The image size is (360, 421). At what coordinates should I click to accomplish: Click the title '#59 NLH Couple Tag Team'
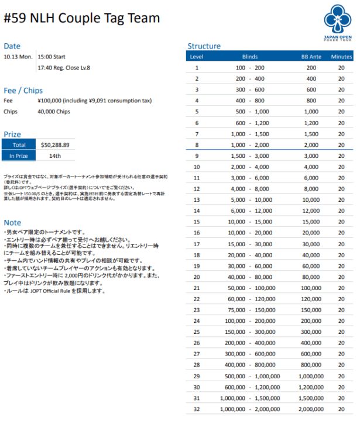pos(82,18)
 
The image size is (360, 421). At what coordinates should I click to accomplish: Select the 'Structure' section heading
pos(204,46)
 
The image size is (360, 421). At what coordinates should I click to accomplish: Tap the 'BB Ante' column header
pos(311,57)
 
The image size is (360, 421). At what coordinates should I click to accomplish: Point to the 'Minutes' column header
pos(341,57)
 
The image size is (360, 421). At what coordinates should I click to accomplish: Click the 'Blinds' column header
pos(250,57)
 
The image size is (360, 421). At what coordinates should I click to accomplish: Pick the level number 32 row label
pos(197,409)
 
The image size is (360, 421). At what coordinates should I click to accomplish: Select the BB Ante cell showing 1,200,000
pos(311,387)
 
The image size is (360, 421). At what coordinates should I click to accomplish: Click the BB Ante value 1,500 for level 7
pos(311,134)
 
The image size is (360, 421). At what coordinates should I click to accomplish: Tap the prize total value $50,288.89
pos(56,144)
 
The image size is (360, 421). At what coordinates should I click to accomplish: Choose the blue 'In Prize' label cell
pos(19,156)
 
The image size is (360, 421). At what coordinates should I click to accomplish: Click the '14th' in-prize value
pos(55,156)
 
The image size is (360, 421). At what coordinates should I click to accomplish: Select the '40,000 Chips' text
pos(54,111)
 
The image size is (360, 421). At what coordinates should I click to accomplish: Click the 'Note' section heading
pos(12,223)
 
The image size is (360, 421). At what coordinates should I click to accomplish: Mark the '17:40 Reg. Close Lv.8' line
pos(64,68)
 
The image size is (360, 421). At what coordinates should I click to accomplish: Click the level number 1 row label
pos(197,68)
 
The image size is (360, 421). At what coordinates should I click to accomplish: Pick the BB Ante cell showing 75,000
pos(311,310)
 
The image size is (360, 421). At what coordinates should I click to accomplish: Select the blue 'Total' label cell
pos(19,144)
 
